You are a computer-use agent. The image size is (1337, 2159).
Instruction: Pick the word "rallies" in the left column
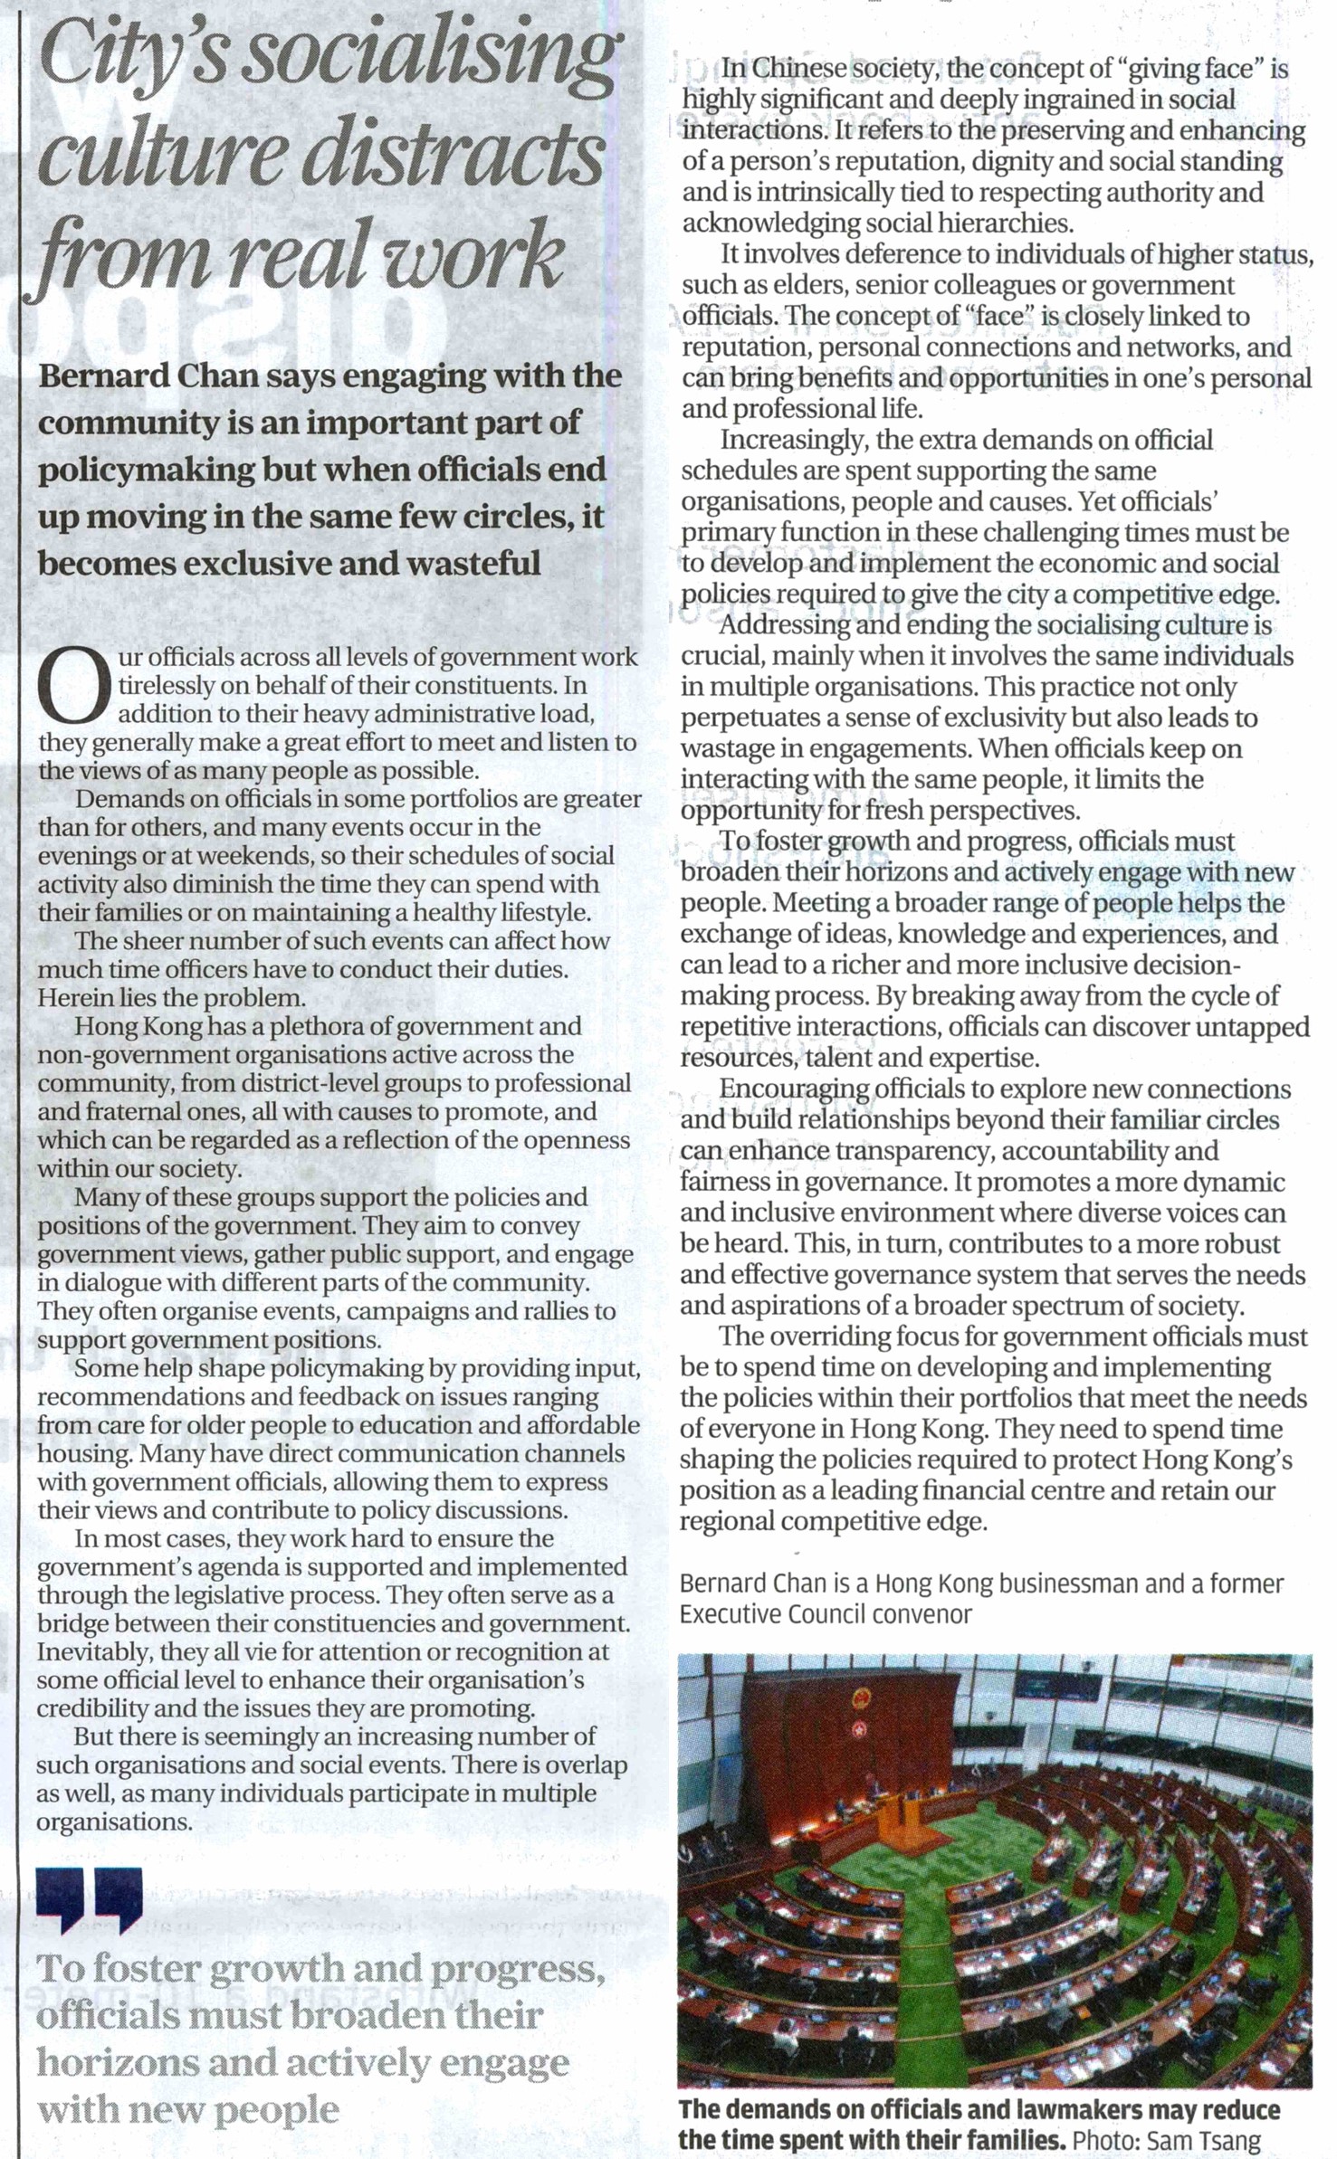click(560, 1311)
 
